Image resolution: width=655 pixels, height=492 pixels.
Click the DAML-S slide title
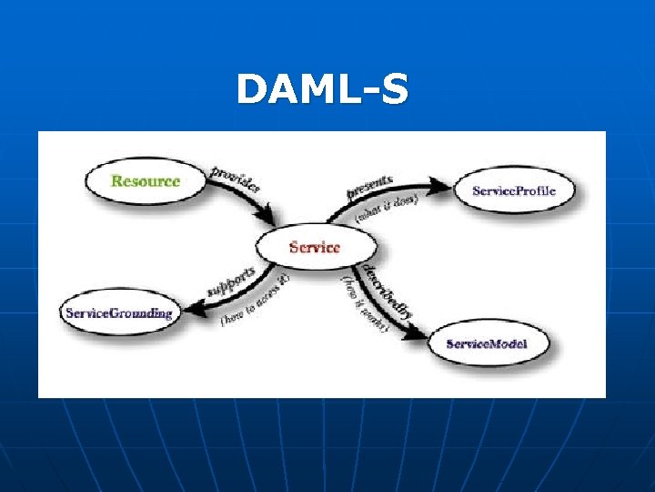tap(322, 90)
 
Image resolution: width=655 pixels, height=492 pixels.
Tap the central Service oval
tap(315, 247)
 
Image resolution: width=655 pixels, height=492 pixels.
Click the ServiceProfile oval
tap(512, 191)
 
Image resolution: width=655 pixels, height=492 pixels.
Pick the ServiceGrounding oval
tap(118, 313)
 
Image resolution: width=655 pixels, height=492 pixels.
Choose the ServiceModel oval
tap(487, 344)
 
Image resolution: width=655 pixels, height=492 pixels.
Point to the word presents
tap(369, 185)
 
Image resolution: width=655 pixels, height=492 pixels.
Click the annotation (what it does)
tap(386, 209)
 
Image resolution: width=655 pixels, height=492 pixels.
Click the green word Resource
tap(146, 180)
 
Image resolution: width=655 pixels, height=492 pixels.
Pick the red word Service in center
tap(315, 247)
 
